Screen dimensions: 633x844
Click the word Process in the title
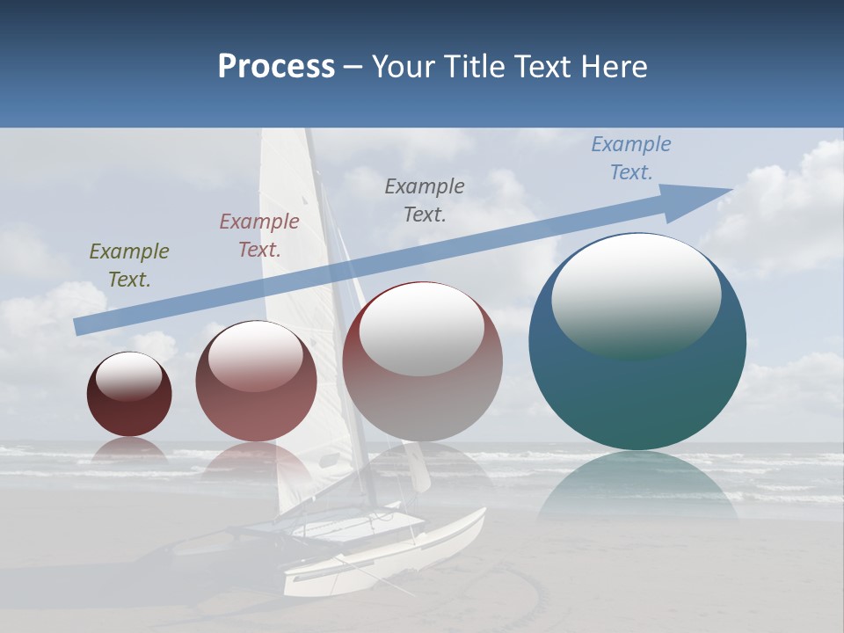tap(276, 67)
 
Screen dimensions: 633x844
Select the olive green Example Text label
tap(128, 265)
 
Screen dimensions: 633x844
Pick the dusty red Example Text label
tap(258, 235)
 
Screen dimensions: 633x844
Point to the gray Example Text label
tap(424, 200)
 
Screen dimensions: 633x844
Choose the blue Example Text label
tap(630, 157)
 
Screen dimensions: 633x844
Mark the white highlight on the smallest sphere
tap(129, 375)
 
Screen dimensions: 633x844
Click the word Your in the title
tap(403, 67)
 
